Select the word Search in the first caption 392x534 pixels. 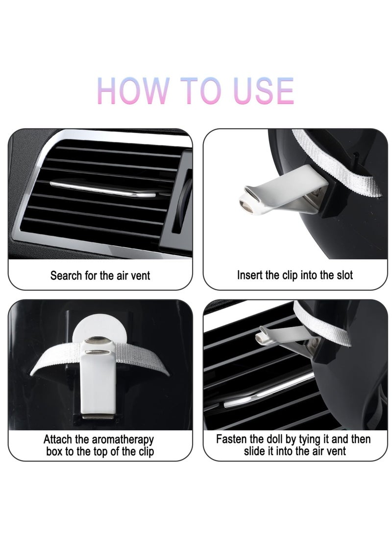pyautogui.click(x=66, y=275)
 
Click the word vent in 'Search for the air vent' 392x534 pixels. pyautogui.click(x=140, y=275)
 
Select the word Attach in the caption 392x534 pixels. pyautogui.click(x=58, y=439)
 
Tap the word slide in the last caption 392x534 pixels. pyautogui.click(x=254, y=451)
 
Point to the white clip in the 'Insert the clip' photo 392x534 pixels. pyautogui.click(x=283, y=192)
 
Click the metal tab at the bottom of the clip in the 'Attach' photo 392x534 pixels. pyautogui.click(x=98, y=417)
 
